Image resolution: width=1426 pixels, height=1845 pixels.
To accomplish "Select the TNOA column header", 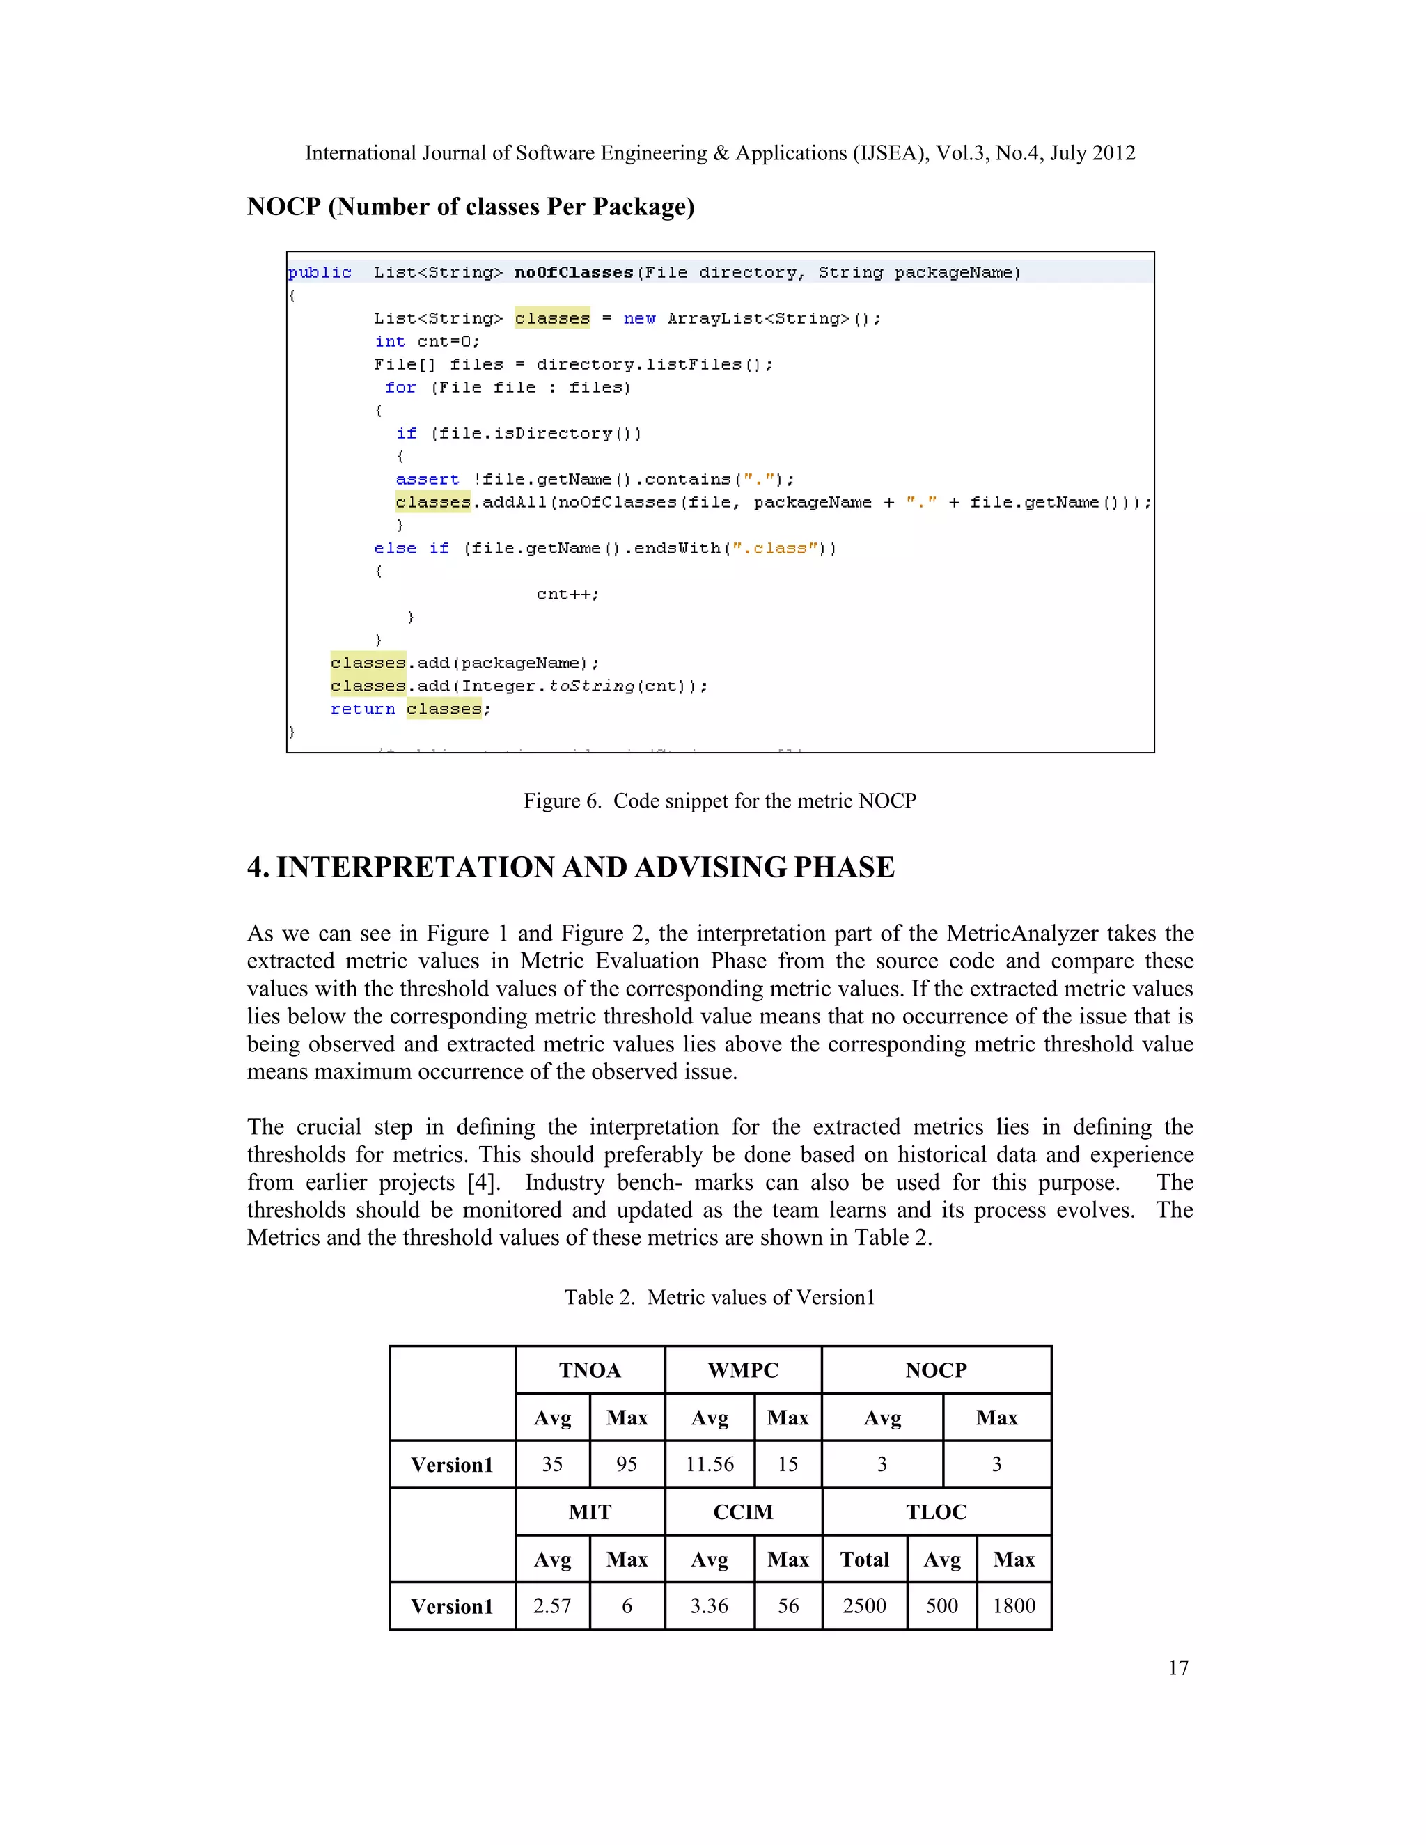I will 590,1370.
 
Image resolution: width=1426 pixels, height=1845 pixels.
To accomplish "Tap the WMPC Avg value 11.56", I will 710,1464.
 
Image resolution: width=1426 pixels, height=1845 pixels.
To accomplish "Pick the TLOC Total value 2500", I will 864,1606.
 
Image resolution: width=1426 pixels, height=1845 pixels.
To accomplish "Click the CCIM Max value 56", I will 788,1606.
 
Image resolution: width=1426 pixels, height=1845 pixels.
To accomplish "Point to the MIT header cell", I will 590,1512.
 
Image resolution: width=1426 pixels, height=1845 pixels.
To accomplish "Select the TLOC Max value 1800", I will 1014,1606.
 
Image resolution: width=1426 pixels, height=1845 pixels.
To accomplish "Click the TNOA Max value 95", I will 626,1464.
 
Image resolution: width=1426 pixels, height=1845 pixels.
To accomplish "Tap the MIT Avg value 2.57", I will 551,1606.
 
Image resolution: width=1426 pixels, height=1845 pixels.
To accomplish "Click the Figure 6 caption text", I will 720,801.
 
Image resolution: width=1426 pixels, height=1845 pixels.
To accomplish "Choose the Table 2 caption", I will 720,1297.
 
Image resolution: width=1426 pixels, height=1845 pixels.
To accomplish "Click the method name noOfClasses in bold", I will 574,273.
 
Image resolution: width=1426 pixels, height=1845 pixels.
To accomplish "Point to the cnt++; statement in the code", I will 567,594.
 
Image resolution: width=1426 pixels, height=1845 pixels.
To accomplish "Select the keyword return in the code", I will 362,709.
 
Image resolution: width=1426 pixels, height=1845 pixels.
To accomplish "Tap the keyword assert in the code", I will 428,479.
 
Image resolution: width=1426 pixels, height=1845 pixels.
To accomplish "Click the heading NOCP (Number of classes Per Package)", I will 471,207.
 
